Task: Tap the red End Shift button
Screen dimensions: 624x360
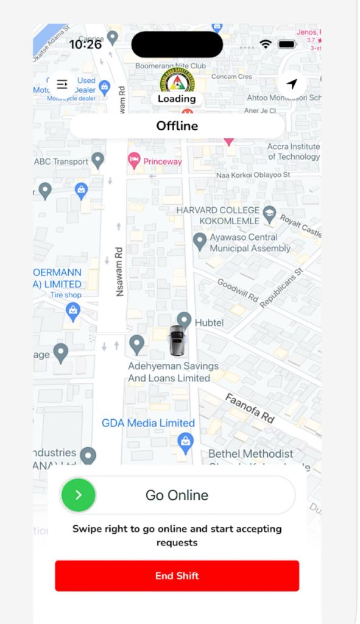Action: pos(177,576)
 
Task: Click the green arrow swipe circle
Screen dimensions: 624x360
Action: pos(79,495)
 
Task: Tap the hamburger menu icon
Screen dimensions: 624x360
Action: pos(62,84)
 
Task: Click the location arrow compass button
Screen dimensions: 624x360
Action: pos(292,84)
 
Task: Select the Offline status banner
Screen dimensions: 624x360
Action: pos(177,126)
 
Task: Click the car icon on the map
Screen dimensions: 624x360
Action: pos(177,341)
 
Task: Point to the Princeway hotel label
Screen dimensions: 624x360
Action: pos(162,161)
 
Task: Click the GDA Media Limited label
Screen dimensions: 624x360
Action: pos(148,423)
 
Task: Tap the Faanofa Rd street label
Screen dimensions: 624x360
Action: pos(250,408)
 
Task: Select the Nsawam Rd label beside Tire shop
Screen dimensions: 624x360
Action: pos(119,271)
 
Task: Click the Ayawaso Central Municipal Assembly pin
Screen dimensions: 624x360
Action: pos(199,241)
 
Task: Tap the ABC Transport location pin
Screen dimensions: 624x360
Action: pos(97,161)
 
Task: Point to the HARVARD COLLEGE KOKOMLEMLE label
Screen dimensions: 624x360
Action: pos(217,215)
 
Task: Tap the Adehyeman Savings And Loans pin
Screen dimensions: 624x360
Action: pos(137,344)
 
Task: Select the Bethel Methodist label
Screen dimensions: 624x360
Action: pos(250,454)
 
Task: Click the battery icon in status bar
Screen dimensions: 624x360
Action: pos(287,44)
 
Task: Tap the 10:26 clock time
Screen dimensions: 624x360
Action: pos(85,44)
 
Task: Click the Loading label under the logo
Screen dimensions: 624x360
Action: pos(177,99)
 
